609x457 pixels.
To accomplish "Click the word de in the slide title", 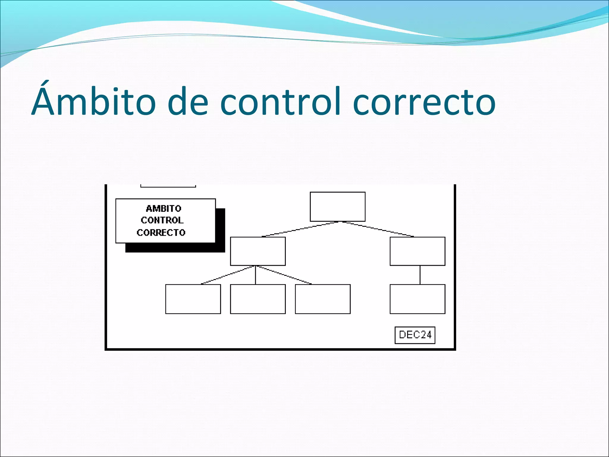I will pyautogui.click(x=188, y=101).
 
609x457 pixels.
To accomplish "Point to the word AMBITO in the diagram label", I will pyautogui.click(x=164, y=208).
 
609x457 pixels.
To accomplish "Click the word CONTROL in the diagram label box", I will pyautogui.click(x=162, y=220).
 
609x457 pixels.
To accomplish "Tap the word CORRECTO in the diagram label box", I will pyautogui.click(x=161, y=232).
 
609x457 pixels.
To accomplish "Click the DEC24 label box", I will pyautogui.click(x=415, y=335).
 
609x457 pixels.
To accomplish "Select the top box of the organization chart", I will pyautogui.click(x=338, y=206).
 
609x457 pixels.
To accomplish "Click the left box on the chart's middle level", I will pyautogui.click(x=258, y=251).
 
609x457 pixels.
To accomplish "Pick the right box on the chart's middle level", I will pyautogui.click(x=417, y=251).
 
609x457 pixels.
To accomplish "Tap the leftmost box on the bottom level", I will pyautogui.click(x=193, y=299).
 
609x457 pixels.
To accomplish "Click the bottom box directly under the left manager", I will pyautogui.click(x=258, y=299).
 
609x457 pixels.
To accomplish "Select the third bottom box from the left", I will pyautogui.click(x=323, y=299).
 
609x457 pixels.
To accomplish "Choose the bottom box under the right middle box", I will pyautogui.click(x=417, y=299).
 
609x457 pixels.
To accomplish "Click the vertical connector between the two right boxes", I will pyautogui.click(x=420, y=275).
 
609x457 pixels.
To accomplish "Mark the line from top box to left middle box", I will pyautogui.click(x=300, y=229).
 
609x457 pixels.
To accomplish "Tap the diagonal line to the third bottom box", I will pyautogui.click(x=284, y=275).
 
